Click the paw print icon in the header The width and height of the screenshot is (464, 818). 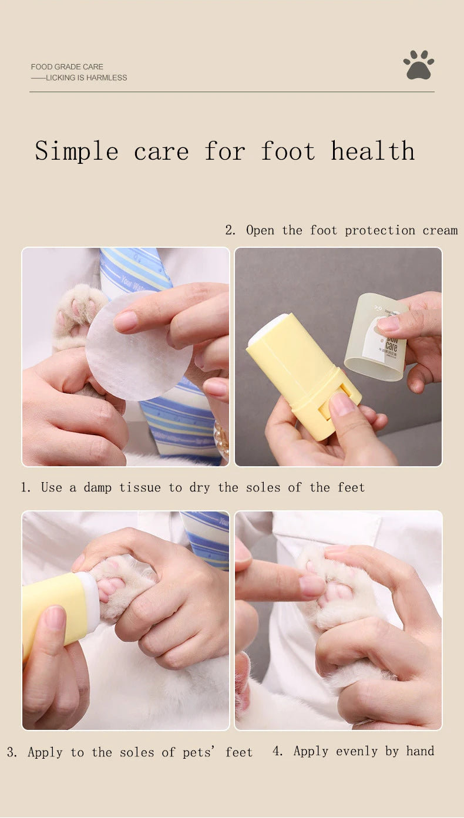click(419, 65)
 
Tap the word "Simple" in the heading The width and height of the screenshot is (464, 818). click(76, 151)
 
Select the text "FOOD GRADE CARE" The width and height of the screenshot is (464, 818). click(67, 67)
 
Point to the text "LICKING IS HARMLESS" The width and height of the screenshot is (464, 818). click(86, 78)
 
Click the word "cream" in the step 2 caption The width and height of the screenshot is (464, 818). click(440, 230)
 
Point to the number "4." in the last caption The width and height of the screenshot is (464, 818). click(278, 751)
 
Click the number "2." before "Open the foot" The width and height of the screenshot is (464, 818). click(230, 230)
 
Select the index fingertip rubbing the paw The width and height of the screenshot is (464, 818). click(311, 585)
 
